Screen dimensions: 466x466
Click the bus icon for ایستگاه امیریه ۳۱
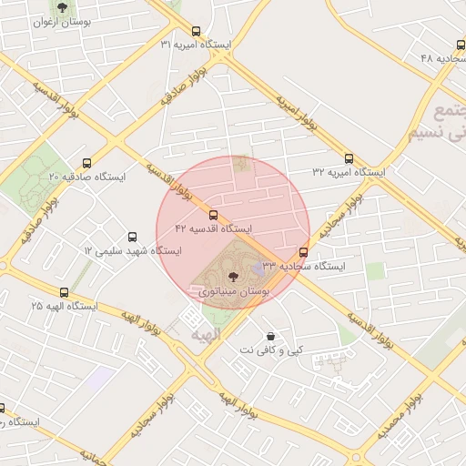197,31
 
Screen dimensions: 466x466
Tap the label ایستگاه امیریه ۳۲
349,171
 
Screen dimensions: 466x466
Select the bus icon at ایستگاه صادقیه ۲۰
86,163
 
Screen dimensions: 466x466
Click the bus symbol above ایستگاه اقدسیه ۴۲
214,216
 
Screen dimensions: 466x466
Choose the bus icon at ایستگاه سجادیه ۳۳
304,253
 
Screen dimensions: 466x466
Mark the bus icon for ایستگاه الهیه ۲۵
64,293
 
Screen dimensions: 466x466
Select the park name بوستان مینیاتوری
234,291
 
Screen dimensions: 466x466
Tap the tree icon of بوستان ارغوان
62,8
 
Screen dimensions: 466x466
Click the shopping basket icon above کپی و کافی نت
270,336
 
